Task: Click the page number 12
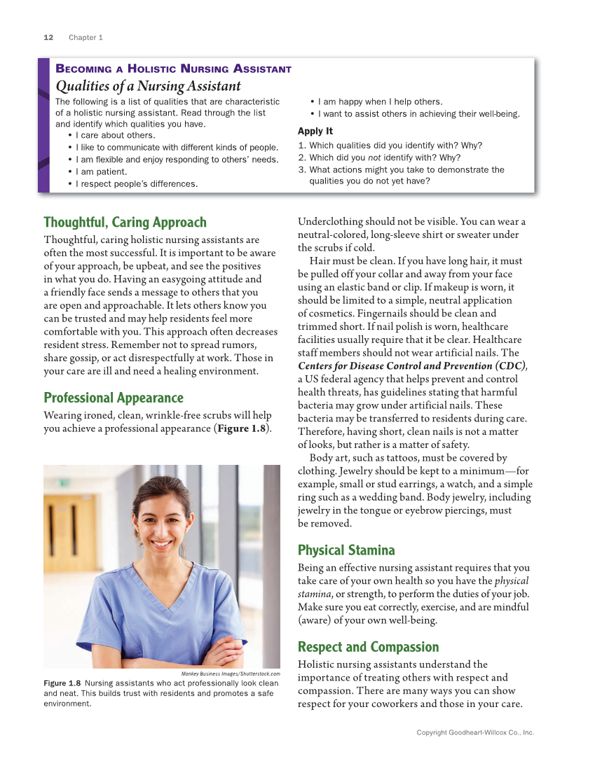(x=48, y=37)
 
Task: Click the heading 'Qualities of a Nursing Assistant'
(x=148, y=86)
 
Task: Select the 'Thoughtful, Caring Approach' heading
(x=125, y=223)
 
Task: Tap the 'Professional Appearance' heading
(x=113, y=398)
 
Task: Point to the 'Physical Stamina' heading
(x=346, y=550)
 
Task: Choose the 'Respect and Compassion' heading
(x=368, y=647)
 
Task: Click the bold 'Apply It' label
(x=315, y=131)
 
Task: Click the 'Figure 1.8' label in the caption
(x=62, y=683)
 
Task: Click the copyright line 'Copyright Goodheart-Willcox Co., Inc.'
(x=475, y=732)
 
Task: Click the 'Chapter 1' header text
(x=86, y=37)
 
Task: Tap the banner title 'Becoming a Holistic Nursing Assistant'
(x=173, y=69)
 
